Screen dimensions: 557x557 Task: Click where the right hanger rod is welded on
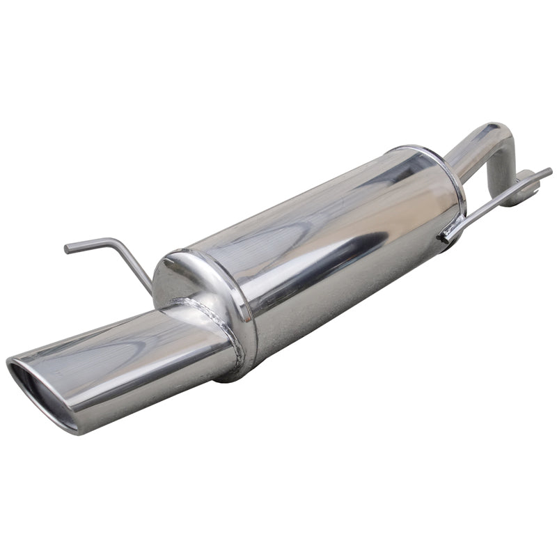click(446, 237)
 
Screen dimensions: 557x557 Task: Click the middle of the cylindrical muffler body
click(327, 251)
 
